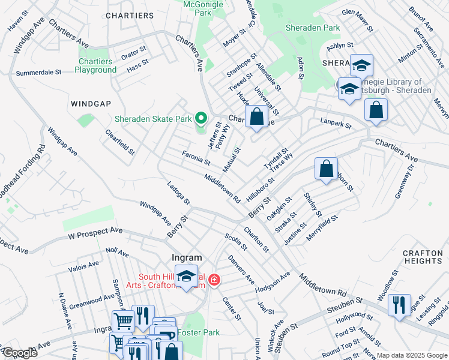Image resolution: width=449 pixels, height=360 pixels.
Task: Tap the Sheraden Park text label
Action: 313,28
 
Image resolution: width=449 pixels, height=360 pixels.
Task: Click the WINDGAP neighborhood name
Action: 91,104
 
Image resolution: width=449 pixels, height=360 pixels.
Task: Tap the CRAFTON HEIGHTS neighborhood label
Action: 423,257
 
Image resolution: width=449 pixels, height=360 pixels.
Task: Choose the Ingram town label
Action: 186,257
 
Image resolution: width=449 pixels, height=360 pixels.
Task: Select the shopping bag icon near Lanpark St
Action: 376,110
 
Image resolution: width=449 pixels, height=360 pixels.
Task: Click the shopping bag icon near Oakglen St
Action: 326,169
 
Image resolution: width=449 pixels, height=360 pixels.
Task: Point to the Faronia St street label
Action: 196,158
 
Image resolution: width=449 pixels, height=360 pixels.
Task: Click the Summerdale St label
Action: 39,72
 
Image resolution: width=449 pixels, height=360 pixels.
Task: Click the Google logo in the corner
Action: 19,353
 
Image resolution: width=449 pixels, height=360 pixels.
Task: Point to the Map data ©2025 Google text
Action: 412,355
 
